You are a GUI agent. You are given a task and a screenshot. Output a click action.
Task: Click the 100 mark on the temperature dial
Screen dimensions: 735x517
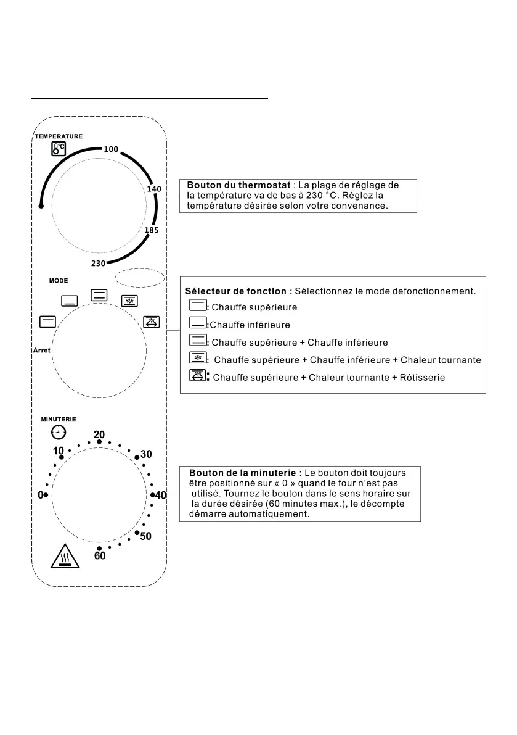click(x=111, y=149)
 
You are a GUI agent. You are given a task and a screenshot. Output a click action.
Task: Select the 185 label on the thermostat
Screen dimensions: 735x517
click(x=152, y=230)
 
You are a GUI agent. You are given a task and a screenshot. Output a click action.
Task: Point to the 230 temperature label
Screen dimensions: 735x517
click(x=98, y=263)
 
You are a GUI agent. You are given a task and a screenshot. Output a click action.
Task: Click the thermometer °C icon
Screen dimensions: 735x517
click(x=59, y=148)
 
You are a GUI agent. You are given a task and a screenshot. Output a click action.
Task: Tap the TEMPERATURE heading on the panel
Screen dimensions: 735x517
click(x=59, y=136)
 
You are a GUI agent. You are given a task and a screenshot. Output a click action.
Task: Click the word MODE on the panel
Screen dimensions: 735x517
click(x=59, y=281)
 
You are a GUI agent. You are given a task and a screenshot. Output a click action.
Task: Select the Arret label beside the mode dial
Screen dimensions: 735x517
click(x=42, y=351)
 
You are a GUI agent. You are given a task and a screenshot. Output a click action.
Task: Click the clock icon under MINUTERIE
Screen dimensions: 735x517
click(x=58, y=432)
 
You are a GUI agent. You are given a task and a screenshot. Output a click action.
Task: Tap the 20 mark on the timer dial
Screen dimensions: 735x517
click(x=99, y=434)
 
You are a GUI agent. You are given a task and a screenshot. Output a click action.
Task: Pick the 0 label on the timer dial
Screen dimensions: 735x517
click(x=41, y=495)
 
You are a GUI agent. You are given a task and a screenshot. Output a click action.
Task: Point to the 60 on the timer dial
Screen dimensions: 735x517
click(x=100, y=556)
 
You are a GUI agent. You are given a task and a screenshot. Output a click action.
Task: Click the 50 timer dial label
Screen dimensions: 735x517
click(x=145, y=537)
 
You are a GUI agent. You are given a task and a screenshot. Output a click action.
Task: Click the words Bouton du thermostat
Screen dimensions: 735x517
click(x=238, y=185)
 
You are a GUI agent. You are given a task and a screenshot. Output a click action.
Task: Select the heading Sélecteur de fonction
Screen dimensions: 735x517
click(x=238, y=291)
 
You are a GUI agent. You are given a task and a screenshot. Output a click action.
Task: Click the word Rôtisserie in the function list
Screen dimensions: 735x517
click(x=418, y=378)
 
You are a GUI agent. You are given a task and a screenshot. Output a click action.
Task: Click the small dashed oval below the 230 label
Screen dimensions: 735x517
click(x=140, y=278)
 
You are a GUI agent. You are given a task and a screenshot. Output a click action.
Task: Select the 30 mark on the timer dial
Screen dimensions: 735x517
click(x=146, y=455)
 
